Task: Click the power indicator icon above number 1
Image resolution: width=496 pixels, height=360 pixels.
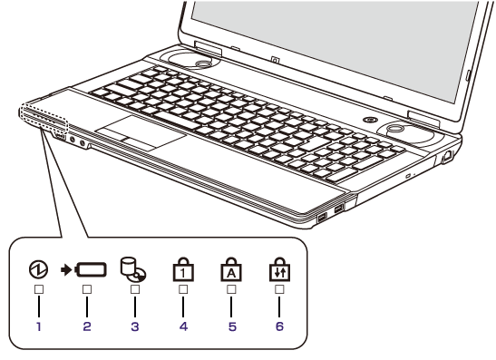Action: (38, 269)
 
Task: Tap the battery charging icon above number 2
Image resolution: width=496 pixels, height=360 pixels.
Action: (83, 270)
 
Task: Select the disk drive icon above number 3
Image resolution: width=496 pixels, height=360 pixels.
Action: (133, 269)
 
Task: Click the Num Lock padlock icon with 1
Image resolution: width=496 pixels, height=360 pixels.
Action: (183, 269)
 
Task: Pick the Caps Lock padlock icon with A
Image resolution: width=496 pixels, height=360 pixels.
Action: (231, 269)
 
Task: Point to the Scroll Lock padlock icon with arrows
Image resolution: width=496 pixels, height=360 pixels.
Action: (279, 269)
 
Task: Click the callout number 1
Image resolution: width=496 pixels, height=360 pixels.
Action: (39, 326)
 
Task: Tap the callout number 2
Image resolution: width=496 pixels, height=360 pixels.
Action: (87, 326)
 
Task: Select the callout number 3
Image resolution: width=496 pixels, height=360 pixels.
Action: (135, 326)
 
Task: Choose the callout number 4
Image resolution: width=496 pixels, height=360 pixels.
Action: (183, 326)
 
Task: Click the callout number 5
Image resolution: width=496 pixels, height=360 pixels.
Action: (232, 326)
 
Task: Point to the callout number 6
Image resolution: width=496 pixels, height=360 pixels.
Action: (279, 326)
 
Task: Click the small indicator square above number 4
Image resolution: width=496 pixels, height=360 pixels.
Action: (183, 289)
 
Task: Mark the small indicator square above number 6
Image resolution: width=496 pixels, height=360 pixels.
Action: (279, 289)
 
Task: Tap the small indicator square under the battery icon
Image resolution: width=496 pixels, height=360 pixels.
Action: (87, 289)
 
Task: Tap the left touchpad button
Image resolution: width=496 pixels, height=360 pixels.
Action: (112, 134)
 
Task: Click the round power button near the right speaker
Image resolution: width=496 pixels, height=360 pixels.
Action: (369, 120)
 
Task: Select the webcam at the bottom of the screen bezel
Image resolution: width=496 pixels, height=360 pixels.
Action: (276, 59)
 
